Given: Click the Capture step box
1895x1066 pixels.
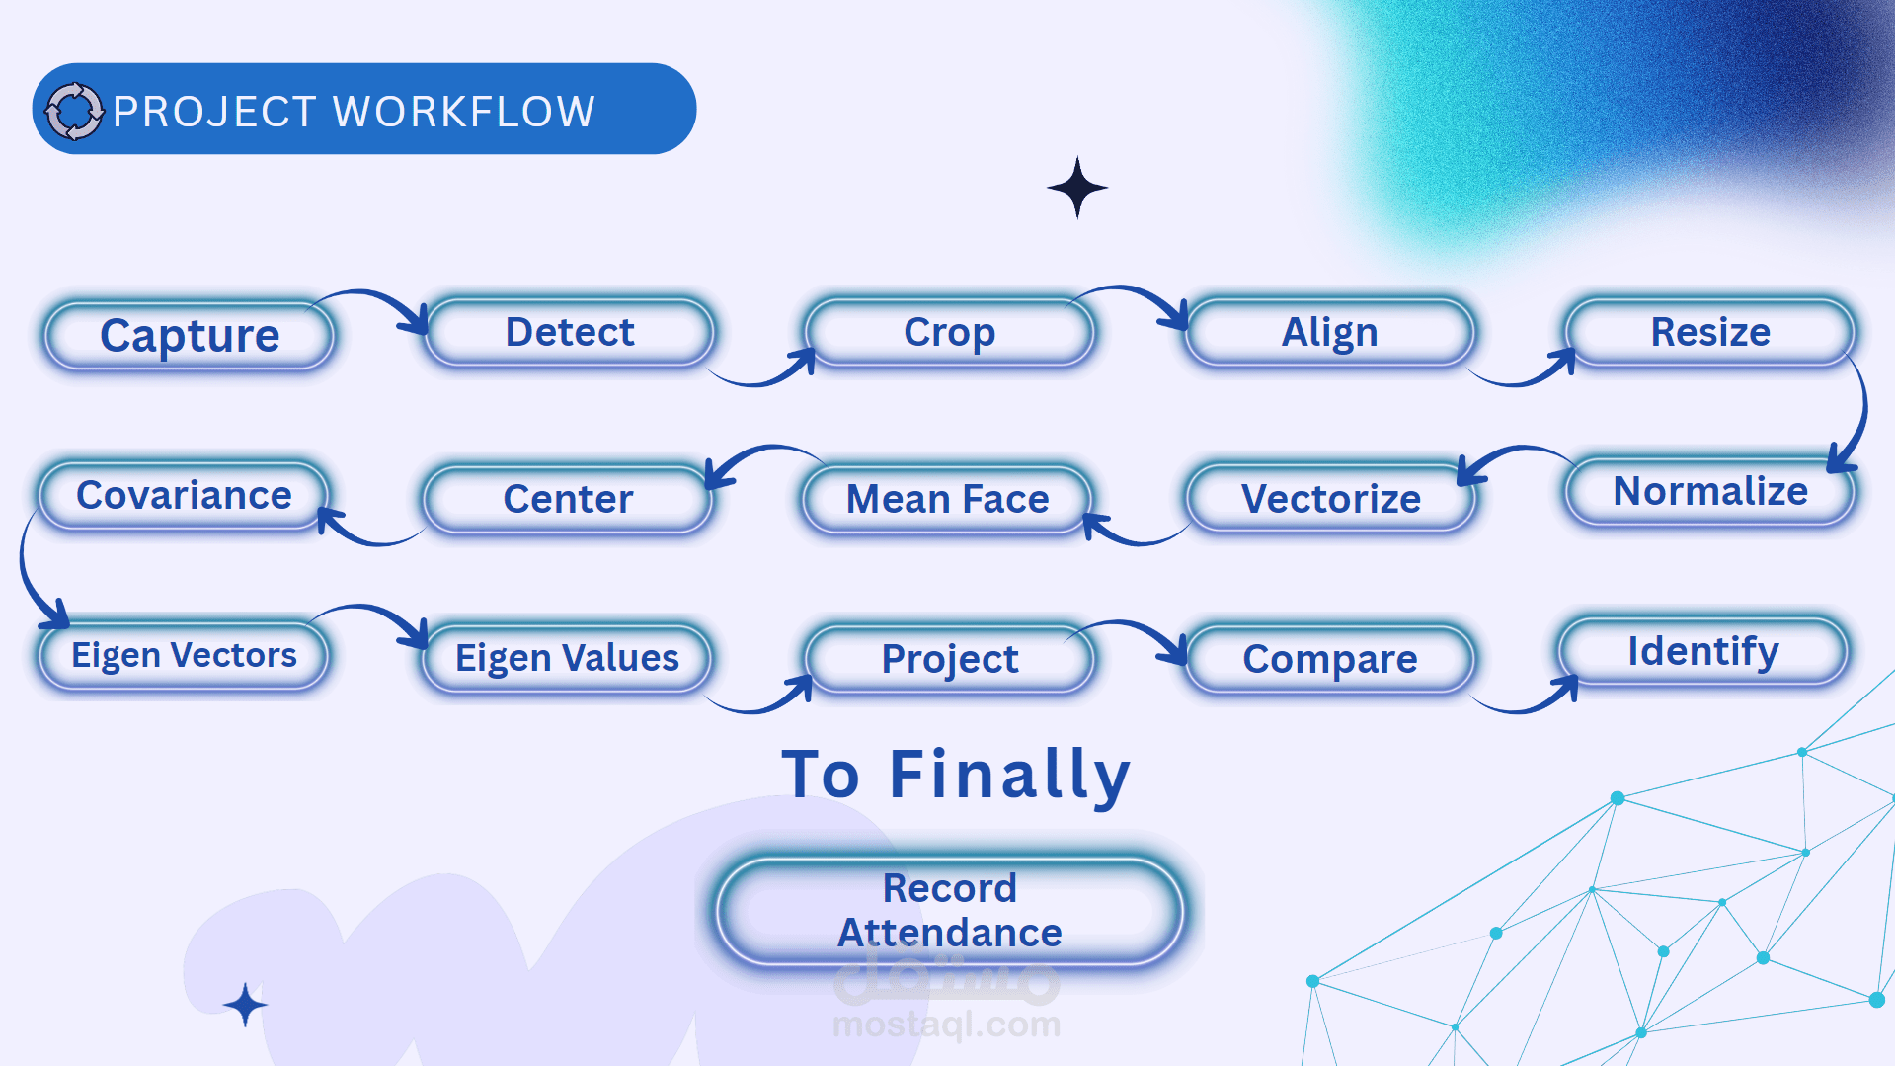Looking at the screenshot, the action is click(x=190, y=336).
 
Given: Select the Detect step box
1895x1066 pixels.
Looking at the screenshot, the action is click(x=570, y=332).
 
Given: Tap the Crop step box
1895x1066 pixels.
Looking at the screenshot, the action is click(x=950, y=332).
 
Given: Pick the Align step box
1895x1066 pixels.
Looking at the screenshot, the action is click(x=1330, y=332).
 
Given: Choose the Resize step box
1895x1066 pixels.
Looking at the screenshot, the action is click(x=1710, y=332).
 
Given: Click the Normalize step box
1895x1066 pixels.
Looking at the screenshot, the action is click(x=1710, y=491).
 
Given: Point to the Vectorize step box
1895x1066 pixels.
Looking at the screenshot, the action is click(x=1330, y=499).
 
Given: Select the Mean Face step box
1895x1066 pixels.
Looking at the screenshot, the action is click(x=948, y=499).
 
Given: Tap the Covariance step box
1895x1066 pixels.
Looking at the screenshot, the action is click(x=184, y=495).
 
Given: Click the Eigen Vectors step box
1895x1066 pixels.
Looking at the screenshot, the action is click(x=184, y=655).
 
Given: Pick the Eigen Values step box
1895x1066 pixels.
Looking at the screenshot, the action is click(x=567, y=658).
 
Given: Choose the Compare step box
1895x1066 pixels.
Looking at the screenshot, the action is click(x=1330, y=659).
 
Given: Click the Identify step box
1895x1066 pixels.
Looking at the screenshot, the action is click(x=1703, y=651).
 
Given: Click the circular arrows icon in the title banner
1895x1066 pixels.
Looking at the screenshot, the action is click(x=74, y=111).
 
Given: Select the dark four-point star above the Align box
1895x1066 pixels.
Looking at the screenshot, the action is click(x=1077, y=187).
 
